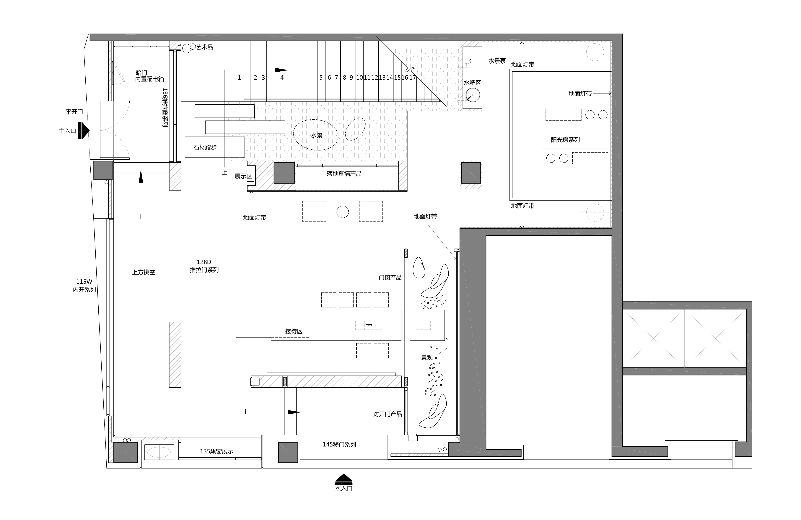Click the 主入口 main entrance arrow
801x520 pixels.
tap(84, 131)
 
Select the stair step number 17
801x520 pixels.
tap(413, 78)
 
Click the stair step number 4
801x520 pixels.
tap(282, 78)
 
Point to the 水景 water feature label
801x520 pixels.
tap(316, 135)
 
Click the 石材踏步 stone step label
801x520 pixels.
tap(205, 147)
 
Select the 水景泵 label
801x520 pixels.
tap(497, 61)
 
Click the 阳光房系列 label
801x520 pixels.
tap(565, 140)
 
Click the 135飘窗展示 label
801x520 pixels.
tap(216, 451)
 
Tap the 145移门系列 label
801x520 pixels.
tap(339, 444)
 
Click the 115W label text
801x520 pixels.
tap(84, 282)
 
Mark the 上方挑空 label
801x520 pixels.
tap(144, 272)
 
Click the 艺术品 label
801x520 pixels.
tap(205, 47)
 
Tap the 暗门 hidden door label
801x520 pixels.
tap(141, 73)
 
